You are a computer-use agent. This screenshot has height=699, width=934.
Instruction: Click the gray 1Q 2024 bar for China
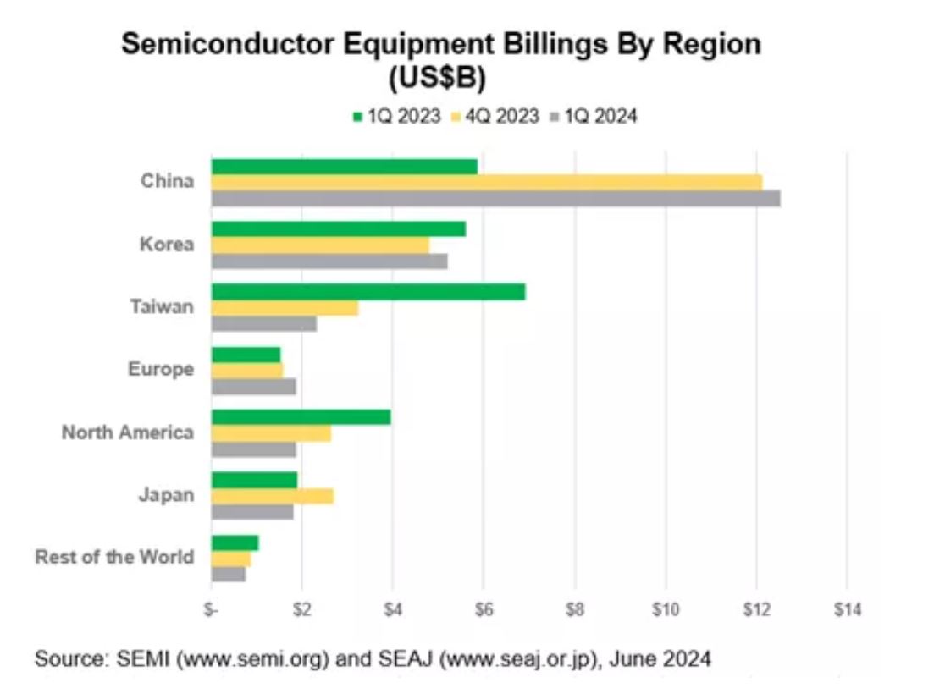click(495, 198)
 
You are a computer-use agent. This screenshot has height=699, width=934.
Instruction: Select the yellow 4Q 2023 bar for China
click(487, 182)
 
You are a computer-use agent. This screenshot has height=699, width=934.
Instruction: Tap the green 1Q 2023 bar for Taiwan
click(368, 292)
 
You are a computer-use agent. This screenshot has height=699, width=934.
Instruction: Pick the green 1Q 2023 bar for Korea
click(339, 229)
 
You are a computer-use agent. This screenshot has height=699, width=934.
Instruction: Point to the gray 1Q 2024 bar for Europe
click(254, 387)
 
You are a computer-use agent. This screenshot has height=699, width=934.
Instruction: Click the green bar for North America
click(301, 417)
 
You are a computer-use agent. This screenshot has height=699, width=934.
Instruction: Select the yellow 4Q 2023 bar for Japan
click(272, 496)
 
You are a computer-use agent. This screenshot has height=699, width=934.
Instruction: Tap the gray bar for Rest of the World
click(229, 574)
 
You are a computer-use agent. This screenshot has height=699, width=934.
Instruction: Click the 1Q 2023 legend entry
click(397, 117)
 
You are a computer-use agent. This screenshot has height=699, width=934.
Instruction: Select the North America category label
click(127, 432)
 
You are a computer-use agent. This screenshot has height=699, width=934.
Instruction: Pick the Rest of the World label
click(114, 558)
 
